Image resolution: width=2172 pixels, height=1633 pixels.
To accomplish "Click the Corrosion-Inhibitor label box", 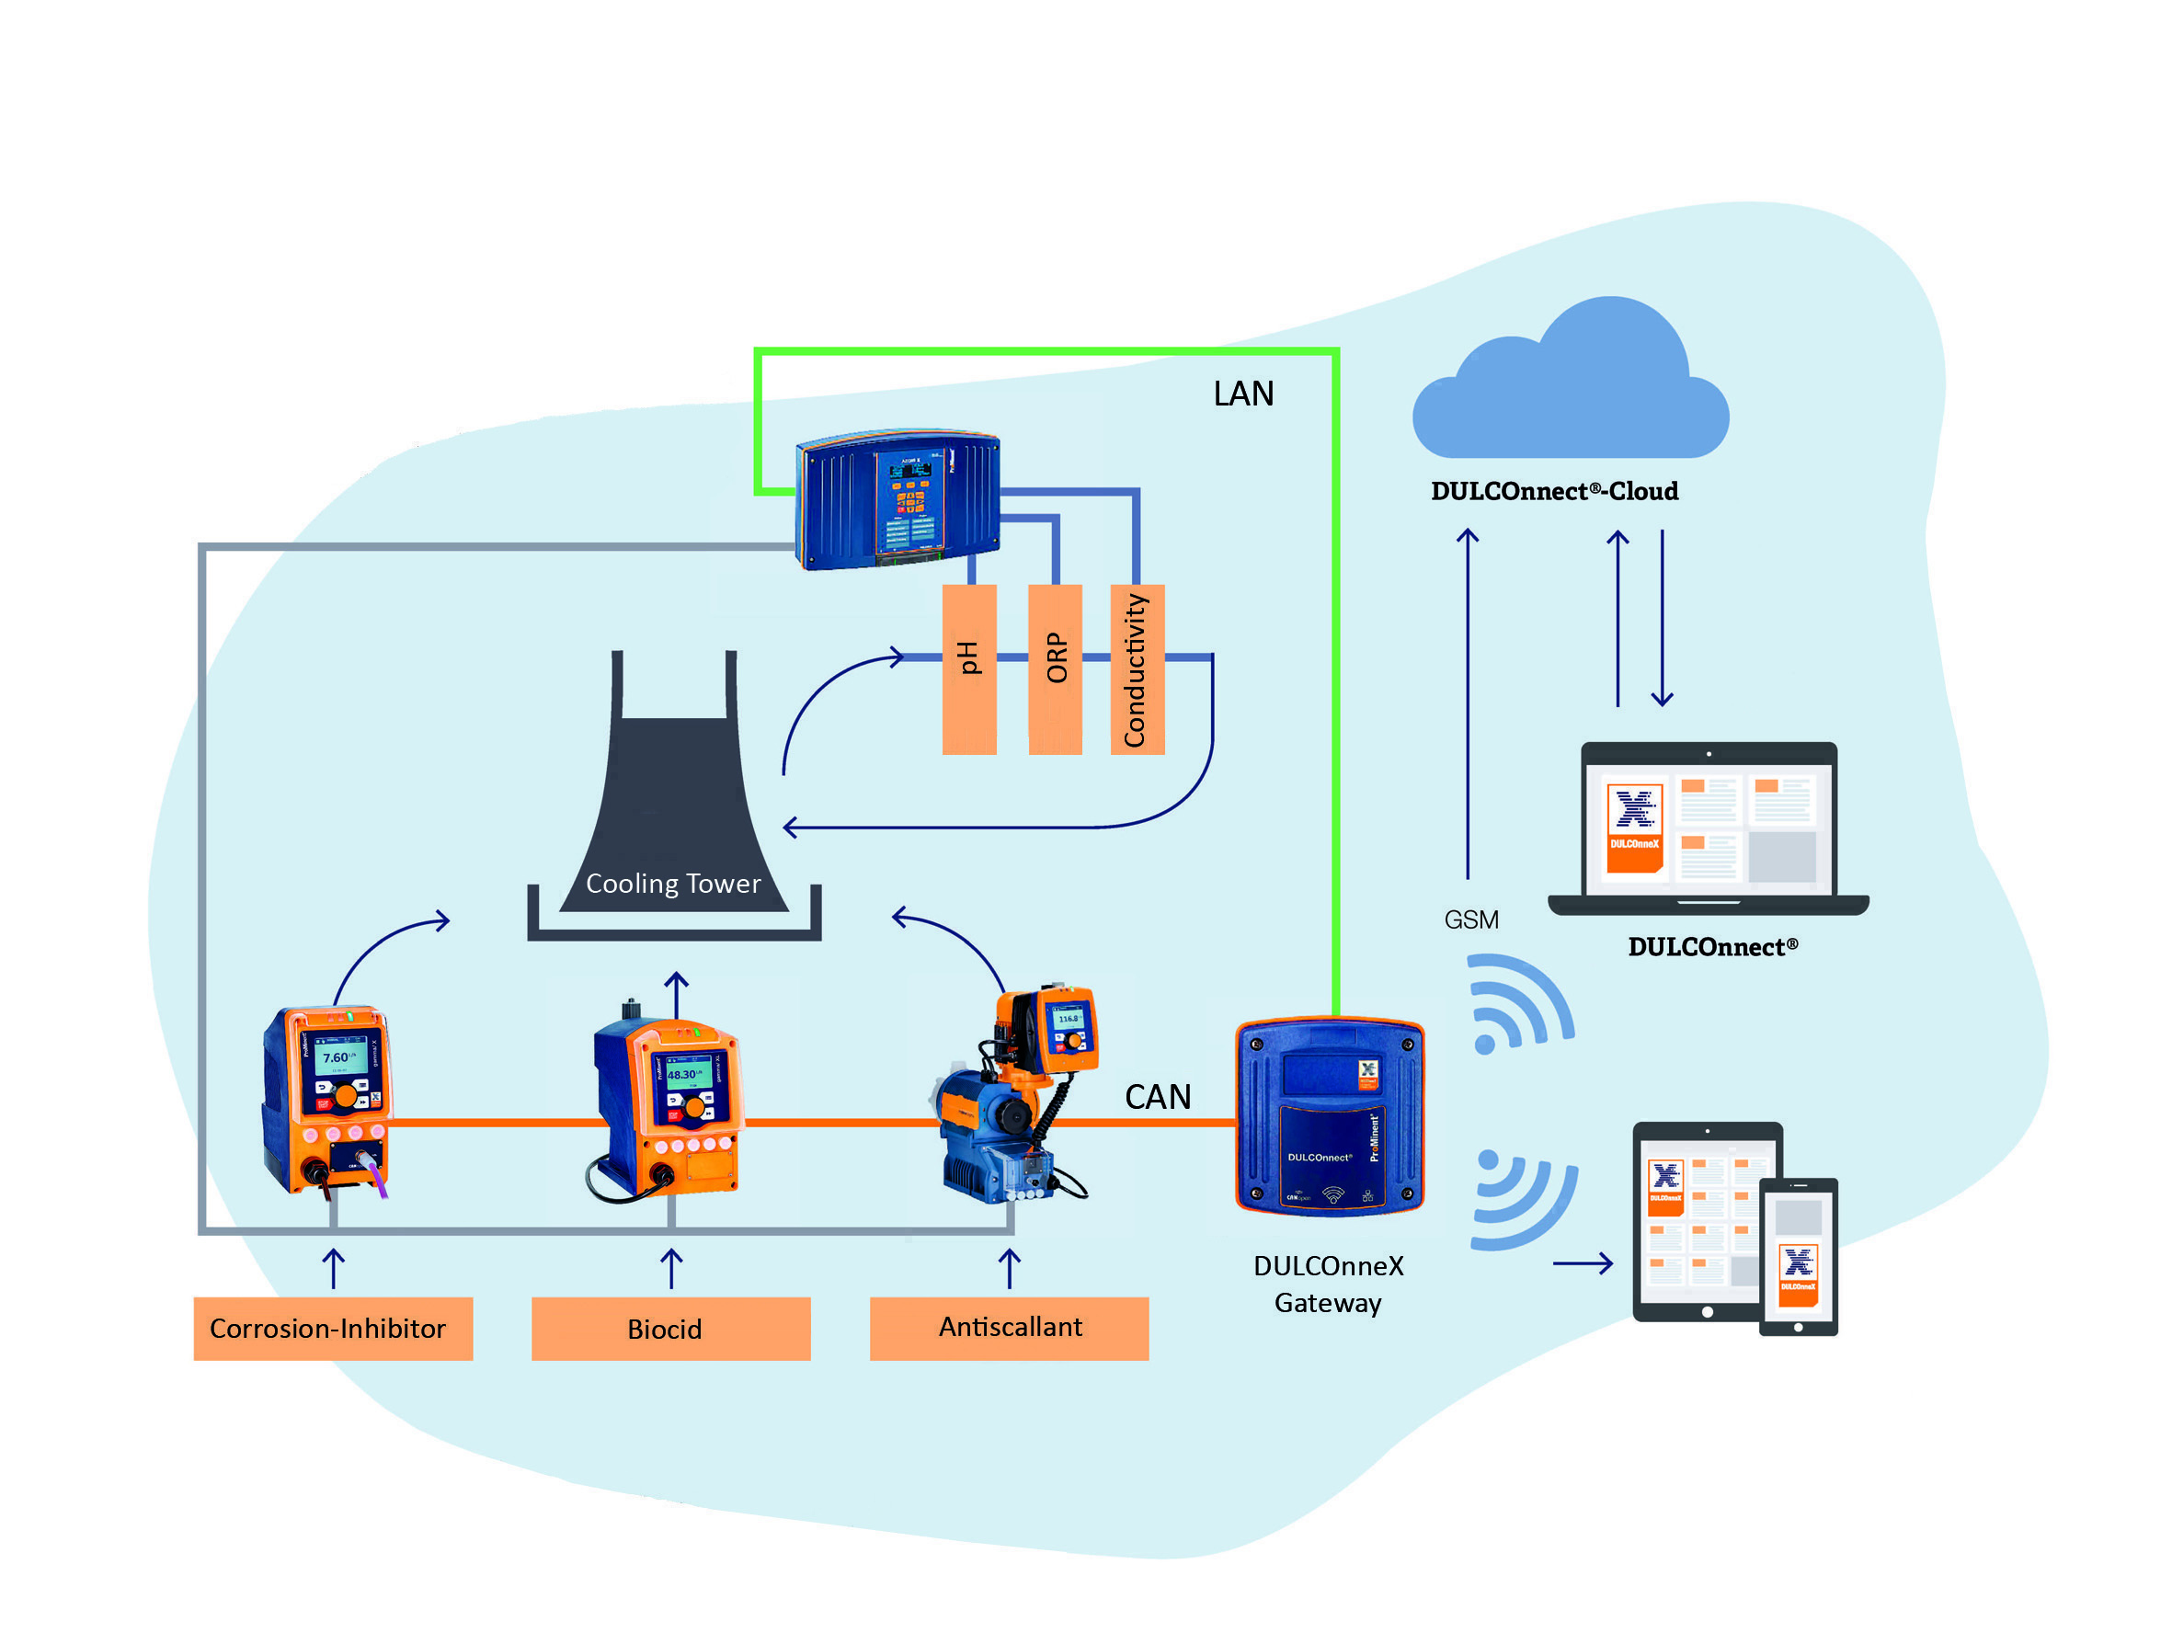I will click(x=333, y=1328).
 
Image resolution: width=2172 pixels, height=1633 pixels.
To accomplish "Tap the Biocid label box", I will click(x=670, y=1328).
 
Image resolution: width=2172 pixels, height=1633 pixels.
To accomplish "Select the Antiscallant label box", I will click(x=1009, y=1328).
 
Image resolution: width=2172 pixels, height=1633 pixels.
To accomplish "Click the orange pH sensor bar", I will click(x=969, y=668).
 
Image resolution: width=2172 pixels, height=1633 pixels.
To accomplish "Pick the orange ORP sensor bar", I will click(x=1056, y=668).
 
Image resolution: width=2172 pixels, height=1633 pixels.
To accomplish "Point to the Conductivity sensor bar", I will click(x=1137, y=668).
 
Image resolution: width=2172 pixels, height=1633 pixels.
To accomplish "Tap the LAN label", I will click(x=1243, y=394).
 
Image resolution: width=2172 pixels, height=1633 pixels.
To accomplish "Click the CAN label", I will click(x=1158, y=1097).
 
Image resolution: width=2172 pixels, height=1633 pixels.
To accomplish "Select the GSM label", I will click(x=1471, y=920).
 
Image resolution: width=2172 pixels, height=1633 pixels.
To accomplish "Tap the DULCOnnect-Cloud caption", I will click(x=1554, y=491).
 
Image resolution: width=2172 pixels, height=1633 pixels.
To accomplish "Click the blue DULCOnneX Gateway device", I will click(x=1330, y=1116).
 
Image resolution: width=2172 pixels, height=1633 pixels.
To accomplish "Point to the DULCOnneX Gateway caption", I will click(x=1329, y=1284).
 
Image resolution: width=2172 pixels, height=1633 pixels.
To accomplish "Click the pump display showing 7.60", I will click(x=338, y=1058).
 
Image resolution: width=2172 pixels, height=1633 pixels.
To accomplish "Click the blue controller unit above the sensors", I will click(x=898, y=499).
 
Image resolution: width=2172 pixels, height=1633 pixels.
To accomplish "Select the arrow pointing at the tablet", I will click(x=1582, y=1263).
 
